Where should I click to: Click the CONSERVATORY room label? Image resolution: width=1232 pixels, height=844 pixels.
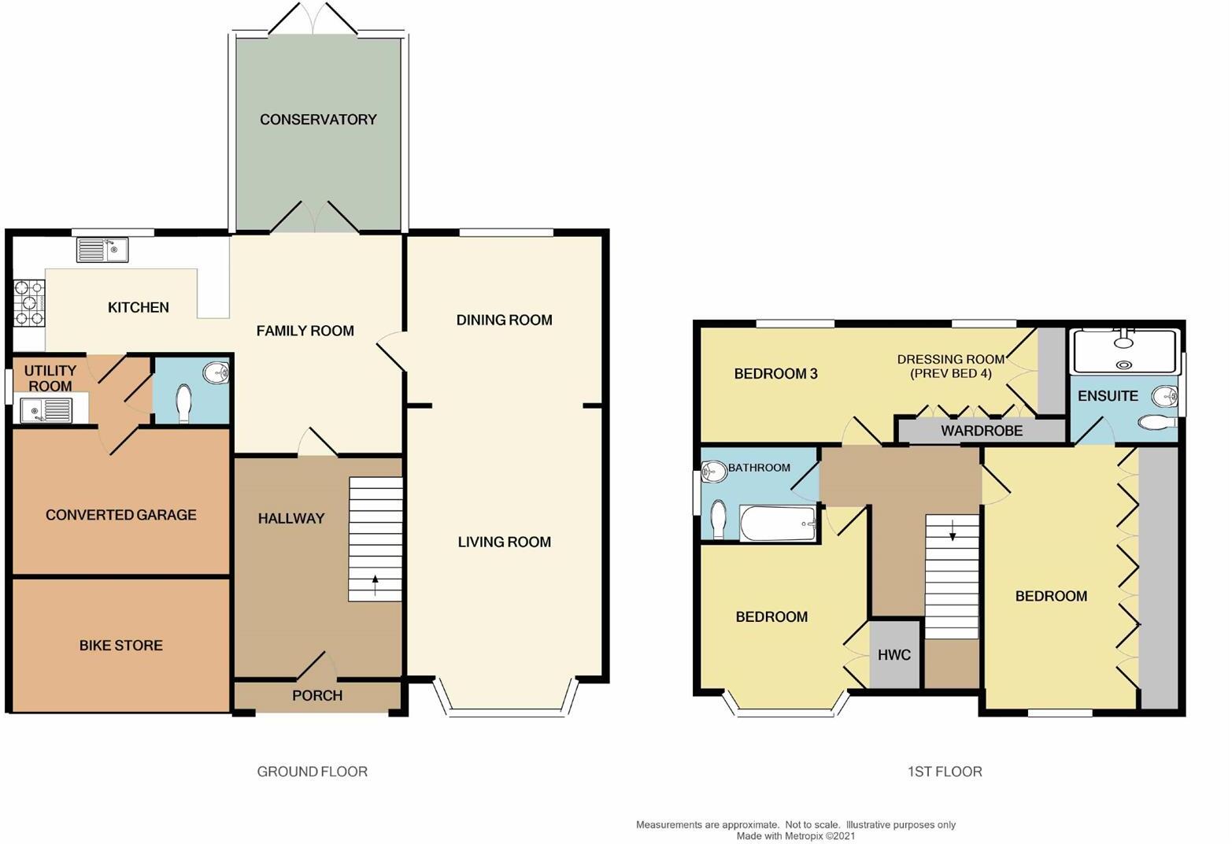tap(318, 120)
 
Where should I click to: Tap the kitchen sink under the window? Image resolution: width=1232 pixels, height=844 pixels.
tap(102, 250)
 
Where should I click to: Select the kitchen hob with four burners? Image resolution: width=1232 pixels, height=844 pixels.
tap(28, 303)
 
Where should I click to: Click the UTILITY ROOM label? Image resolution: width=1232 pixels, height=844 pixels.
tap(50, 378)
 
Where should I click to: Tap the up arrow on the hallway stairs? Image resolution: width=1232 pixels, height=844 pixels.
tap(375, 585)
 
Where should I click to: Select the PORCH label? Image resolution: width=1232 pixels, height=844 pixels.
tap(317, 696)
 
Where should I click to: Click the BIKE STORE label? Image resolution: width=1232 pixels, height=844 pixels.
tap(121, 646)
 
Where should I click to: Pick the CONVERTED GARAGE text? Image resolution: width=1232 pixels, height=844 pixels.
tap(121, 515)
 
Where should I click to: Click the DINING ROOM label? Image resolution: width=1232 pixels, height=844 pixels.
tap(504, 320)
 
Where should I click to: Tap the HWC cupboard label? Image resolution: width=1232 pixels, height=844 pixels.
tap(894, 655)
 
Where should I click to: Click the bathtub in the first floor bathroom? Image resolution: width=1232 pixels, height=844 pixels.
tap(778, 524)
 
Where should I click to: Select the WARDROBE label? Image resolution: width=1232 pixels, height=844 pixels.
tap(982, 431)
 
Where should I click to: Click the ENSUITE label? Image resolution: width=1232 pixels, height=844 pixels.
tap(1108, 396)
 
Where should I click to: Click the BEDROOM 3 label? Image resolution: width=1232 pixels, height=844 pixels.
tap(775, 374)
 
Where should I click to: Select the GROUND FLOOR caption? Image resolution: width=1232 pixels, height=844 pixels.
tap(313, 772)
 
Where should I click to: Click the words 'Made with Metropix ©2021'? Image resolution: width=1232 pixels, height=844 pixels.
tap(795, 836)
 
